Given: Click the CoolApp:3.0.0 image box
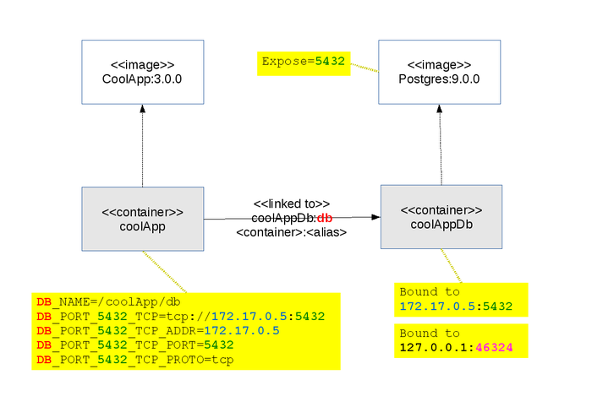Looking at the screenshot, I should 142,72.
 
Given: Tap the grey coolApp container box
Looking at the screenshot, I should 142,219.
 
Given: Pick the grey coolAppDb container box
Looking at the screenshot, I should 441,216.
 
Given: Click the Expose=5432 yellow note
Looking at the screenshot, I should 304,62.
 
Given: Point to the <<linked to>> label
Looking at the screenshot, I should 292,204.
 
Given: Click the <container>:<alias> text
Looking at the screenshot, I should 292,231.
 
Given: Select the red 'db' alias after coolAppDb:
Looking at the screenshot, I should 325,218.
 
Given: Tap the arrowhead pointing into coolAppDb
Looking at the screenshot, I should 375,217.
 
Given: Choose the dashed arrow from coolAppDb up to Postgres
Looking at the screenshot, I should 441,148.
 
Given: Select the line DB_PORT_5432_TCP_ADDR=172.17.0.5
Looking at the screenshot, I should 157,331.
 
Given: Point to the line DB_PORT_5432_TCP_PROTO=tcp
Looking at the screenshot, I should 135,361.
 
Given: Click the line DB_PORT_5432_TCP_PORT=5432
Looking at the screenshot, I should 134,345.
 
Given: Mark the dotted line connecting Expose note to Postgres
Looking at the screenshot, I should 365,67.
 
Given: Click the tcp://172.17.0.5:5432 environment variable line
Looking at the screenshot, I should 180,316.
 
